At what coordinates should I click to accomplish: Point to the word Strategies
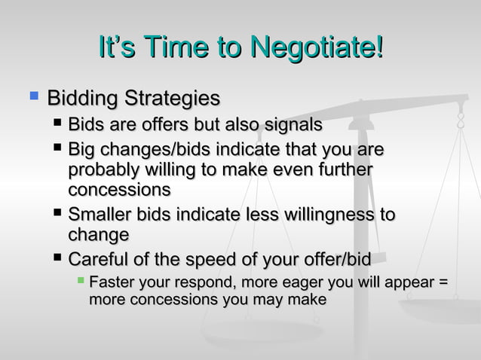coord(172,99)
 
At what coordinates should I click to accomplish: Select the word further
coord(344,172)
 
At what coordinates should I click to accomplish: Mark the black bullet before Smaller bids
coord(57,214)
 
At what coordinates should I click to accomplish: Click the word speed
coord(213,260)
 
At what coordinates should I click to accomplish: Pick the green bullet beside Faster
coord(81,282)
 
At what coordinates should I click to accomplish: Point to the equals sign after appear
coord(444,284)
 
